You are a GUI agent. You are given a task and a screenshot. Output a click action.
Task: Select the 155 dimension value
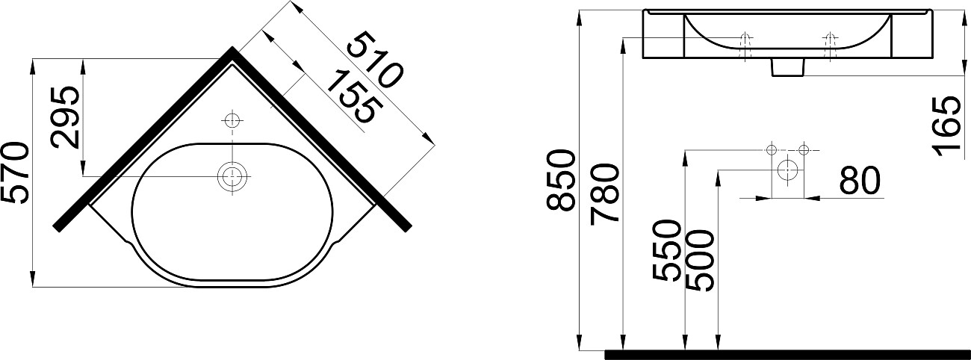(351, 96)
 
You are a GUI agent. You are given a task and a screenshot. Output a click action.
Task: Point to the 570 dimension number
(16, 173)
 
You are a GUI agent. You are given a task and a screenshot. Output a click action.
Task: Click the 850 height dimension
(562, 180)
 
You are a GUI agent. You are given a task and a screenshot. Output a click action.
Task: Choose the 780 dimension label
(604, 195)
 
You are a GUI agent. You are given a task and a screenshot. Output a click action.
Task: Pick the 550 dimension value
(666, 250)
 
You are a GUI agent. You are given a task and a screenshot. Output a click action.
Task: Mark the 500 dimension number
(700, 260)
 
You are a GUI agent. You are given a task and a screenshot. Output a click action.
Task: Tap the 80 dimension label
(860, 181)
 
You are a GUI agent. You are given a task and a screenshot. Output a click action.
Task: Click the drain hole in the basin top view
(232, 176)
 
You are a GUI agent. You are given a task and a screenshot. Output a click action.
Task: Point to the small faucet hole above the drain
(232, 120)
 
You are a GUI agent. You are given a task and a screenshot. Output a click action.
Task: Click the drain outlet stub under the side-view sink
(787, 68)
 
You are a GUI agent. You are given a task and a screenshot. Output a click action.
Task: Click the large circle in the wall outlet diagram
(787, 170)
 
